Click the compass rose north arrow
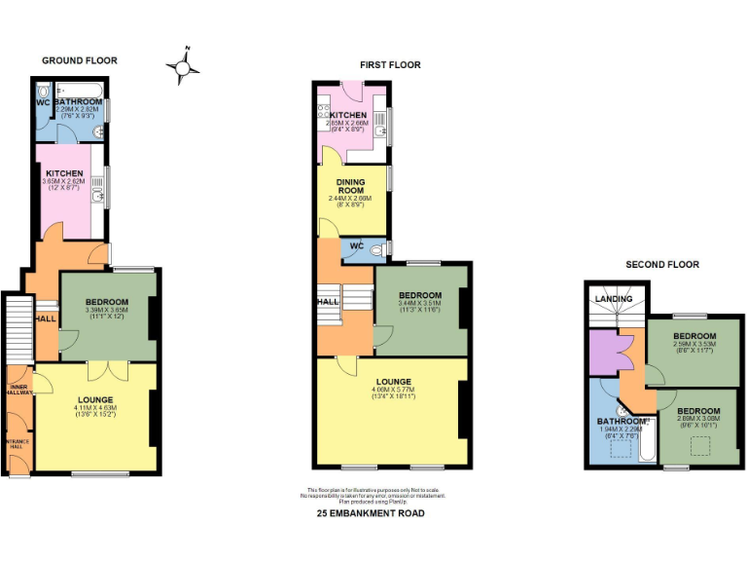[183, 65]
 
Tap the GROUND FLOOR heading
[79, 60]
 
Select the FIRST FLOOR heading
[390, 64]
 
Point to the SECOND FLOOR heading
[661, 264]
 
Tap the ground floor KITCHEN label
[63, 173]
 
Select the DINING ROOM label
[350, 186]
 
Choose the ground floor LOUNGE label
[95, 399]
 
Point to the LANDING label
[614, 299]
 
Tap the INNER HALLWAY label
[20, 392]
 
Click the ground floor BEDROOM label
[108, 302]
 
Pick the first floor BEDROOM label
[420, 295]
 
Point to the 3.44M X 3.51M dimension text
[420, 303]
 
